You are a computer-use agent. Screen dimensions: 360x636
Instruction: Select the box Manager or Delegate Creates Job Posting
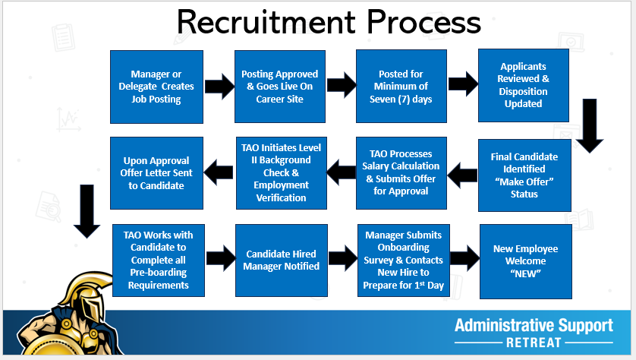click(156, 87)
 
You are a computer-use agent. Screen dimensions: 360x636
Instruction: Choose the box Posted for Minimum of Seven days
click(401, 87)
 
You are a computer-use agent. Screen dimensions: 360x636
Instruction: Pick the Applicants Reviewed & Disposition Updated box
click(523, 85)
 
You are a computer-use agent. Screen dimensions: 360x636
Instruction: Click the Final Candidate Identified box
click(524, 175)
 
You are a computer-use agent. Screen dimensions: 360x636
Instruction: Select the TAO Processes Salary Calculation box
click(401, 173)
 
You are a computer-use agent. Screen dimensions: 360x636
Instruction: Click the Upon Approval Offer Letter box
click(156, 173)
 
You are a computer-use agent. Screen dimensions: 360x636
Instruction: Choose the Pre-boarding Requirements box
click(158, 260)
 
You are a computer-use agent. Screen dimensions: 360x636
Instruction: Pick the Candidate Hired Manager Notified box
click(282, 260)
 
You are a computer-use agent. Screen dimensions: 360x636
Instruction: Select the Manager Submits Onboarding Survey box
click(402, 260)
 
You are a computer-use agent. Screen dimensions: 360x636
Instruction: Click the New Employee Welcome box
click(524, 260)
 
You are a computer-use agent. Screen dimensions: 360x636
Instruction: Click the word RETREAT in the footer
click(534, 343)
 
